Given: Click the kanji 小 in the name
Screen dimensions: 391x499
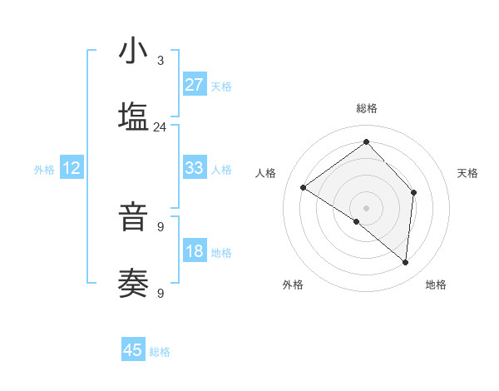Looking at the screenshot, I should pyautogui.click(x=133, y=52).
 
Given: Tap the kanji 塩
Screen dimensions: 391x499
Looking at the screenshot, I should pyautogui.click(x=133, y=117).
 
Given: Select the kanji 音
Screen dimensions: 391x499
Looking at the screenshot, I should pyautogui.click(x=133, y=219).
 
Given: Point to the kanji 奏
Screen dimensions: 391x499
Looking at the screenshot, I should pyautogui.click(x=133, y=285).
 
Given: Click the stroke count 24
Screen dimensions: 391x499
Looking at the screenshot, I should pyautogui.click(x=160, y=127).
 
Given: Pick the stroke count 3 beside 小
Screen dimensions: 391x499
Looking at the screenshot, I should pyautogui.click(x=161, y=61).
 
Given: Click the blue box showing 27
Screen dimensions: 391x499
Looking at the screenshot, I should pyautogui.click(x=194, y=85).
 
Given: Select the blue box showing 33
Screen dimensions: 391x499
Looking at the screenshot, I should pyautogui.click(x=194, y=168).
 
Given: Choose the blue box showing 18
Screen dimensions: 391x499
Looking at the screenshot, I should pyautogui.click(x=194, y=251).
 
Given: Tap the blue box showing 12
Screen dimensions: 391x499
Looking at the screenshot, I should pyautogui.click(x=72, y=169).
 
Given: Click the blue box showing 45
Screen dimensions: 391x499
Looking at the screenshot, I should pyautogui.click(x=133, y=350).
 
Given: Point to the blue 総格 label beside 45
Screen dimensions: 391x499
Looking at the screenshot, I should pyautogui.click(x=161, y=352).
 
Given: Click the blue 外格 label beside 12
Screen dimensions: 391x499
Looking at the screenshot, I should pyautogui.click(x=44, y=170).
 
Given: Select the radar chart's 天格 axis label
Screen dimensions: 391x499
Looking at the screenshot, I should pyautogui.click(x=467, y=173).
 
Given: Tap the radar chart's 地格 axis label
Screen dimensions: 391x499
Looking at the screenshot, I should pyautogui.click(x=436, y=285).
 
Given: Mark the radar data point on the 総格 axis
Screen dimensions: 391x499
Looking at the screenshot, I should pyautogui.click(x=366, y=142).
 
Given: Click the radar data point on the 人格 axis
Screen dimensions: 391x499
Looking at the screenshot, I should pyautogui.click(x=304, y=188).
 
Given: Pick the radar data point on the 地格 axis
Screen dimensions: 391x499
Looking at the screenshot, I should pyautogui.click(x=405, y=262).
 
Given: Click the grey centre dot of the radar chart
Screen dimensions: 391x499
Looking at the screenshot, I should pyautogui.click(x=366, y=207).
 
